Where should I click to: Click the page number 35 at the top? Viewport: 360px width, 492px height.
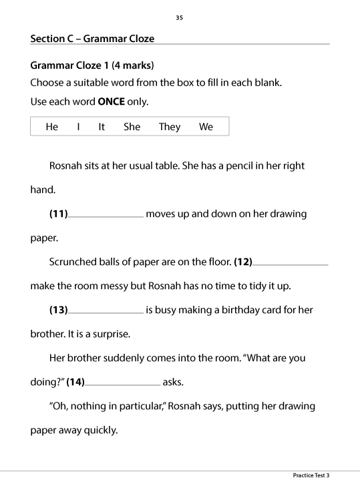(x=179, y=17)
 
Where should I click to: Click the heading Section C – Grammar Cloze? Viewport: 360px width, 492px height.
(x=92, y=39)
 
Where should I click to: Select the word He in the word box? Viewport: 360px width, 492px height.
(x=52, y=127)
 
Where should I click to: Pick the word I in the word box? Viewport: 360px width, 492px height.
(x=78, y=127)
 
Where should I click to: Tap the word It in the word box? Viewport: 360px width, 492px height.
(x=102, y=127)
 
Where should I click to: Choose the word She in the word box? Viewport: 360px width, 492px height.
(x=132, y=127)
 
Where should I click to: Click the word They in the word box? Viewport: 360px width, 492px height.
(x=170, y=127)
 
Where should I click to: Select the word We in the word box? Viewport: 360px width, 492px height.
(x=206, y=127)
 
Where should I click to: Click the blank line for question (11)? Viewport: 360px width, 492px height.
(x=106, y=215)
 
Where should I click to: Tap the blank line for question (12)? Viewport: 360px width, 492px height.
(x=291, y=263)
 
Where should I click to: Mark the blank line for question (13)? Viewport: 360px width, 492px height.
(x=106, y=311)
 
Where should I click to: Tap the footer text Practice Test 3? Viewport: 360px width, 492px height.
(x=311, y=475)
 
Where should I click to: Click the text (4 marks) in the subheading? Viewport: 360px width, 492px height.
(x=133, y=66)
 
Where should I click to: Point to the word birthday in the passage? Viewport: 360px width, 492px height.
(x=231, y=310)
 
